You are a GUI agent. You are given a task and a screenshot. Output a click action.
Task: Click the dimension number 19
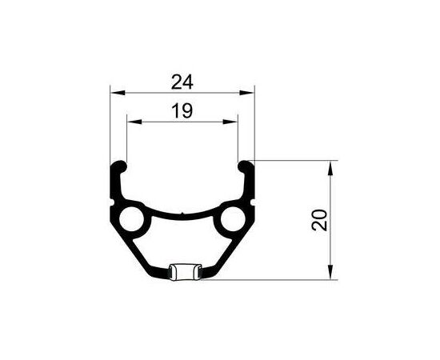click(x=183, y=111)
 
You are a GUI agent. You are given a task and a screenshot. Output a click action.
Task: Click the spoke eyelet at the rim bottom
click(x=182, y=272)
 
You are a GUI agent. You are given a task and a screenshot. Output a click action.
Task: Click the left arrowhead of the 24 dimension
click(x=114, y=91)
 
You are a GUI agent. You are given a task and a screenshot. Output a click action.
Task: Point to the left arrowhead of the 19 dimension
click(x=130, y=122)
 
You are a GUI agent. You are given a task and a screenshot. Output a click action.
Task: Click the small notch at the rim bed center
click(x=182, y=214)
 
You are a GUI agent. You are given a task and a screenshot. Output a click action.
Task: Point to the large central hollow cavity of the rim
click(x=182, y=240)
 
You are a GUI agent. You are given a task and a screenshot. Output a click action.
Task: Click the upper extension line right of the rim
click(x=296, y=160)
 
